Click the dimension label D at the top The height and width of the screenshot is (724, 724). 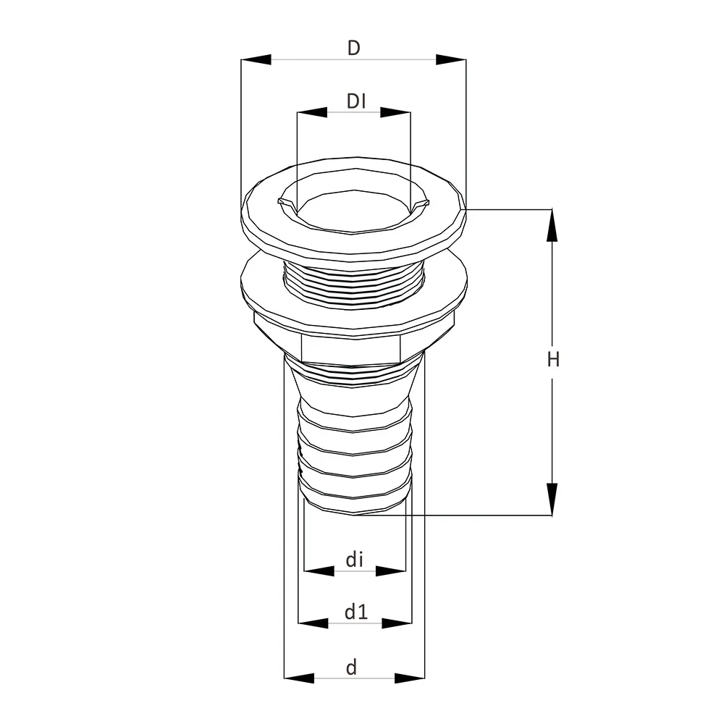[354, 48]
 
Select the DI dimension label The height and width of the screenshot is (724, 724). [356, 101]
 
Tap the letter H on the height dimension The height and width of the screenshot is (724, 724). [553, 359]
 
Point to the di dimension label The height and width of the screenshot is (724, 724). [355, 560]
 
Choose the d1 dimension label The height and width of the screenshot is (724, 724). [356, 612]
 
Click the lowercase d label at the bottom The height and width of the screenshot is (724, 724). [352, 668]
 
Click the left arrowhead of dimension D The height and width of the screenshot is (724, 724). [256, 59]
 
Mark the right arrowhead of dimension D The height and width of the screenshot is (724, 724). [451, 59]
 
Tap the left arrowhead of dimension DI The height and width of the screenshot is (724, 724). [313, 112]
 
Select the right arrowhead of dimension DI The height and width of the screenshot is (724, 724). [395, 112]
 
